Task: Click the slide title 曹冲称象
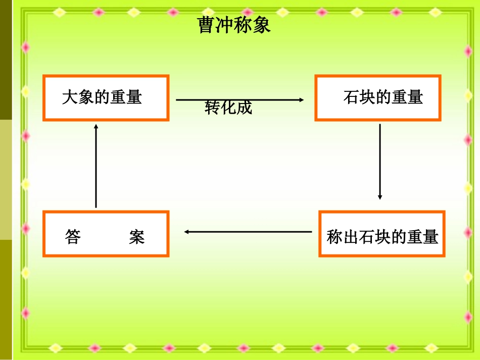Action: [234, 25]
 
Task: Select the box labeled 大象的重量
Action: [106, 97]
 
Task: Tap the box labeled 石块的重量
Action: [377, 97]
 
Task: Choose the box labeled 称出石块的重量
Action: [381, 234]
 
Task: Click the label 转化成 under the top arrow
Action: [228, 108]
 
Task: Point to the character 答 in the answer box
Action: [73, 237]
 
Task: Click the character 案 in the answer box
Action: [136, 237]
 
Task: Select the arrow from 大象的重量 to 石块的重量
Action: [240, 100]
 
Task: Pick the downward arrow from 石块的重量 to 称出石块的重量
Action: [380, 162]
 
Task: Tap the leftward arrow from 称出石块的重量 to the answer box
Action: [248, 232]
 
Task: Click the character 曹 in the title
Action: [207, 25]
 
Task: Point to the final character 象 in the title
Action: [262, 25]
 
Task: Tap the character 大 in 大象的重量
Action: [69, 97]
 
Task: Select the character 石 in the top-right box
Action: [351, 97]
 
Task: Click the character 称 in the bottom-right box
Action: [334, 237]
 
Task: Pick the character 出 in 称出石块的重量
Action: [349, 237]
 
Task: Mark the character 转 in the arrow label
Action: [213, 108]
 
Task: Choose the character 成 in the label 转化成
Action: [244, 108]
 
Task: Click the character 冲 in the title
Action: [225, 25]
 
